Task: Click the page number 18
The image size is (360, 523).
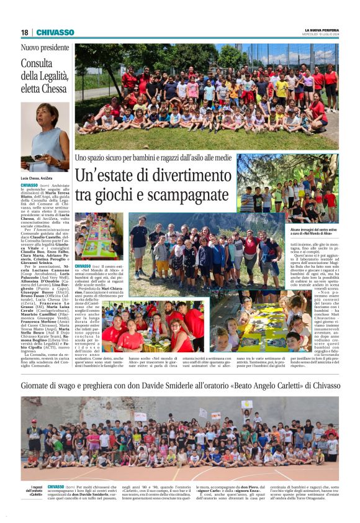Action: [24, 32]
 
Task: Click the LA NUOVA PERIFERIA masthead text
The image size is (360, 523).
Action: [321, 30]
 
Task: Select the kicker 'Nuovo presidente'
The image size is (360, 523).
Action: [45, 48]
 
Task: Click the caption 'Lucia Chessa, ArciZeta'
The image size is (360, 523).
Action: [38, 178]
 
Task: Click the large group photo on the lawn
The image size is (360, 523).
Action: [207, 96]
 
